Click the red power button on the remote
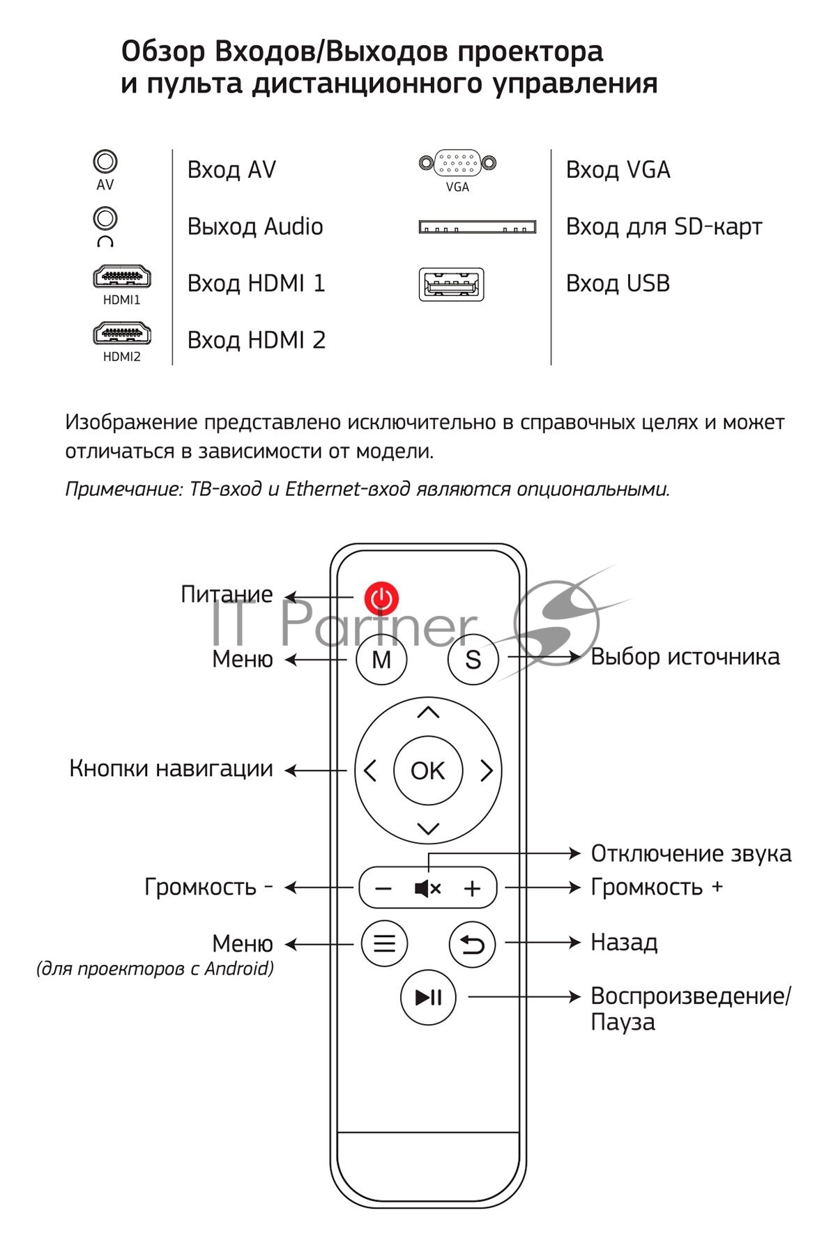[381, 598]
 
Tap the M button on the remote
[381, 659]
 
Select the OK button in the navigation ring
[427, 770]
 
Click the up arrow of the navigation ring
[428, 712]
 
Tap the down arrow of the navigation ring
[428, 828]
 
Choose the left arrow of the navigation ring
[370, 770]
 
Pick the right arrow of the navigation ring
[487, 770]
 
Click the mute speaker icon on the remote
[427, 888]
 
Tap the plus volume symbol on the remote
[472, 888]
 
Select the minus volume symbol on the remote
[383, 888]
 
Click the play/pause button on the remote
[428, 997]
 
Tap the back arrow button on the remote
[472, 944]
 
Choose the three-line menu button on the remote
[384, 944]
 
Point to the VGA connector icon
[457, 163]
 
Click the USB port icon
[451, 284]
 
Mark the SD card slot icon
[477, 227]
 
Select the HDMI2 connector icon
[122, 334]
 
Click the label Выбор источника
[685, 657]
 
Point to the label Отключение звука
[690, 853]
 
